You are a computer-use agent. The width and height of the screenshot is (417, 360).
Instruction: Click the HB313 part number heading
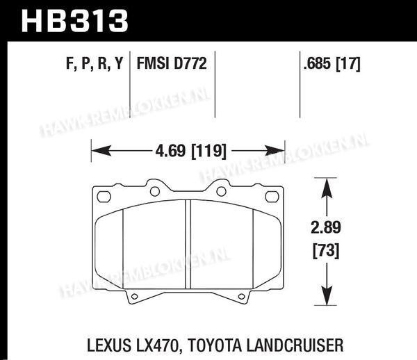pyautogui.click(x=75, y=20)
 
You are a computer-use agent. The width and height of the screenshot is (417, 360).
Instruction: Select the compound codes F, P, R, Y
pyautogui.click(x=95, y=63)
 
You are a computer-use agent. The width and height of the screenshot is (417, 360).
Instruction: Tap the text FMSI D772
pyautogui.click(x=172, y=63)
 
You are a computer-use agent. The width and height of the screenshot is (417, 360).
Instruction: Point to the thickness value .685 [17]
pyautogui.click(x=332, y=64)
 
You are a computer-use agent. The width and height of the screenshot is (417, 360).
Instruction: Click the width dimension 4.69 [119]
pyautogui.click(x=190, y=151)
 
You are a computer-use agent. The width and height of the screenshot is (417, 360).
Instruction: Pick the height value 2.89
pyautogui.click(x=326, y=227)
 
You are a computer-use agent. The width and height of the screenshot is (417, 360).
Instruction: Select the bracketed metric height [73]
pyautogui.click(x=326, y=251)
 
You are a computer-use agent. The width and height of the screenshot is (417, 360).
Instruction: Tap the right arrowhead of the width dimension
pyautogui.click(x=275, y=151)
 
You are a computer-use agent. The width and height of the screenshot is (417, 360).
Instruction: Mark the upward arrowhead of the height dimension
pyautogui.click(x=327, y=188)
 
